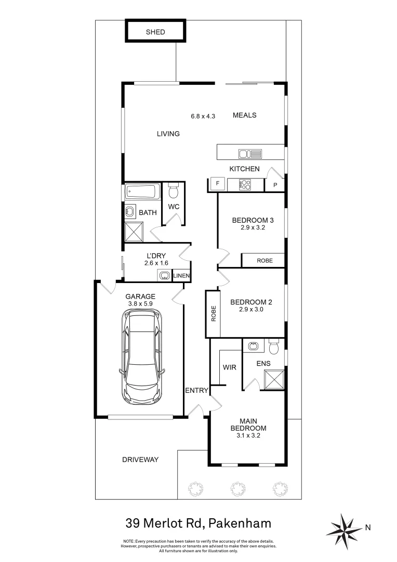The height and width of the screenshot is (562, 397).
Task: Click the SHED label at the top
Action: click(x=155, y=32)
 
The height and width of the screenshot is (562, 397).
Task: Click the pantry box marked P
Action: click(x=275, y=185)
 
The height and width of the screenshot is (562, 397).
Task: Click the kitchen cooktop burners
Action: click(x=244, y=184)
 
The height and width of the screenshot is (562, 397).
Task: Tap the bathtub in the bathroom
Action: click(x=142, y=192)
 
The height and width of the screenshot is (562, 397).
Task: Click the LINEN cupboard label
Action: click(x=181, y=276)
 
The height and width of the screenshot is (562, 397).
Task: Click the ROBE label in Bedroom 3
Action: click(x=264, y=261)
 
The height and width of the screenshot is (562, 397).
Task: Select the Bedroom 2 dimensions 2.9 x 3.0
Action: click(x=251, y=310)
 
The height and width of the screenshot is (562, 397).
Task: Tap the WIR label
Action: click(x=229, y=367)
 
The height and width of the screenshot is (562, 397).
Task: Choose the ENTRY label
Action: click(x=197, y=390)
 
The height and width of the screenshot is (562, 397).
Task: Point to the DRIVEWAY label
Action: click(x=140, y=459)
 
